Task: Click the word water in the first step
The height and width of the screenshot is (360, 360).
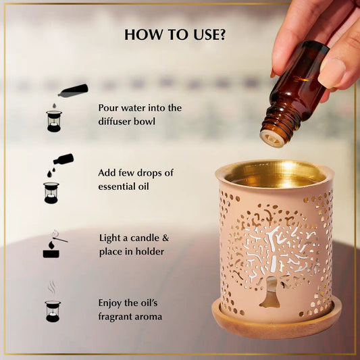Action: click(x=133, y=108)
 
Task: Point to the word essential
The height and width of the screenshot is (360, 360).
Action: click(x=116, y=186)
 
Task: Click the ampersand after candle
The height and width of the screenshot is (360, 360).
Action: click(x=165, y=238)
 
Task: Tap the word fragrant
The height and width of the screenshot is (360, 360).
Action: click(x=115, y=317)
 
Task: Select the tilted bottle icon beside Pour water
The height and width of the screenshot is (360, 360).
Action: click(x=73, y=91)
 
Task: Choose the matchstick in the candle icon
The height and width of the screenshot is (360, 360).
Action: click(x=60, y=238)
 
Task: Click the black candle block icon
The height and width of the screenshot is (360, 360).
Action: click(x=51, y=253)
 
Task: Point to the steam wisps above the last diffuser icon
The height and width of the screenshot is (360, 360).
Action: click(x=51, y=288)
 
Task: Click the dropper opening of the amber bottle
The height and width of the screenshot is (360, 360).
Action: click(x=273, y=138)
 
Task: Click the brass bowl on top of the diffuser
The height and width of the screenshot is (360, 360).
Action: click(x=275, y=174)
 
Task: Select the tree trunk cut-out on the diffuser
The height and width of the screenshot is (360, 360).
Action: click(x=271, y=292)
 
